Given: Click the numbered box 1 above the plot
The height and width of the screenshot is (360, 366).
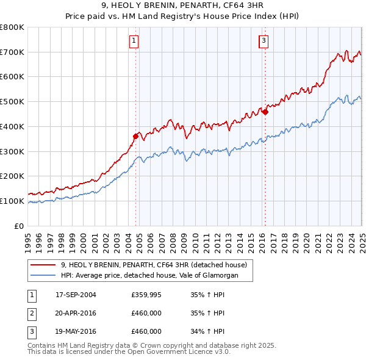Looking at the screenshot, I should coord(134,41).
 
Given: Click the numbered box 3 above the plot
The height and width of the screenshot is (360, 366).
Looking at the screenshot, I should coord(264,41).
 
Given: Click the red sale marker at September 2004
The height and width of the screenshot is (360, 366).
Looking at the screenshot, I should coord(135,136).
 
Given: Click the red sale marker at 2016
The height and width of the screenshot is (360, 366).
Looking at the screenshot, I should coord(265,112).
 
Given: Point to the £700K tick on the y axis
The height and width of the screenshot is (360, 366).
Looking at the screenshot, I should coord(12,52).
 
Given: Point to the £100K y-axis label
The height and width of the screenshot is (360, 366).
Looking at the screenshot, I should coord(12,201).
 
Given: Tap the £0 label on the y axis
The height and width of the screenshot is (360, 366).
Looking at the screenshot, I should coord(20,226).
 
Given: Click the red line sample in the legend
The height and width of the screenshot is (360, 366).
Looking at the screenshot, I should coord(44,265).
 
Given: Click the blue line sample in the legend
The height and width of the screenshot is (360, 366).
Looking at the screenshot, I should coord(44,276).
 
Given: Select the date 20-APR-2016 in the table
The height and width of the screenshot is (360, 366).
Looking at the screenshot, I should coord(76,314).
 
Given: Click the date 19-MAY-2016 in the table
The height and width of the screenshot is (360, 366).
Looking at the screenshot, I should coord(76,332).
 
